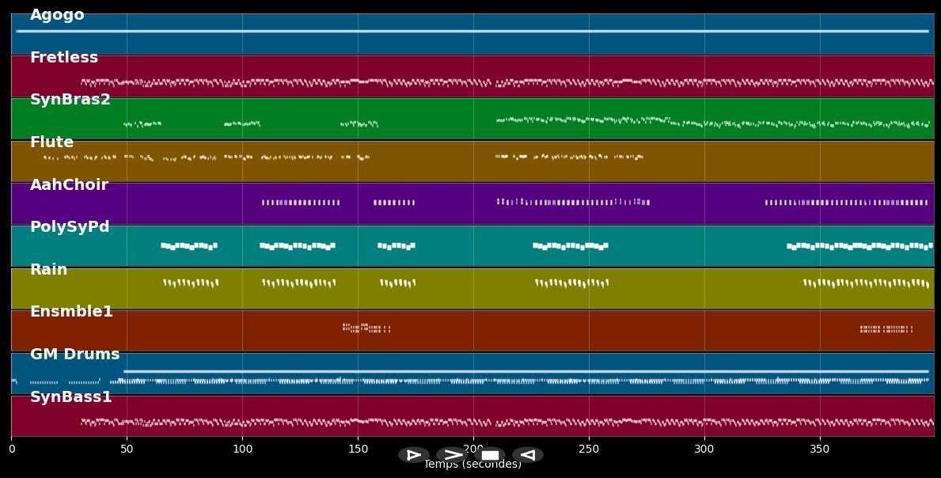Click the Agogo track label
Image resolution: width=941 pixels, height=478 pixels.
tap(57, 15)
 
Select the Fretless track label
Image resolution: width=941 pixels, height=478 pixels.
tap(64, 58)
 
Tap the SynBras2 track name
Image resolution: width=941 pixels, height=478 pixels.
tap(70, 100)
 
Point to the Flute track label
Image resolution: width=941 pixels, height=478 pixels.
tap(51, 142)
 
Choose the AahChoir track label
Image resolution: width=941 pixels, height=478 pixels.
tap(69, 185)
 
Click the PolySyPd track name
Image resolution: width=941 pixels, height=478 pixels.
tap(70, 227)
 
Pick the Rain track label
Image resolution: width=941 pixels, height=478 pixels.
tap(49, 270)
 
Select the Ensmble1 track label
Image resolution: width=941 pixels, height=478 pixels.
tap(71, 312)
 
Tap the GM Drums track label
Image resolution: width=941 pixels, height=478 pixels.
tap(75, 355)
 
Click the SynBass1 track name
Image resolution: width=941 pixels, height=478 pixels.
tap(71, 397)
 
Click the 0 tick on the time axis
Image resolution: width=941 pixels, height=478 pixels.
tap(12, 450)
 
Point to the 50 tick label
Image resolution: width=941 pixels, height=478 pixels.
tap(127, 450)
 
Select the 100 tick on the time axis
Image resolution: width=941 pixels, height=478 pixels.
tap(242, 450)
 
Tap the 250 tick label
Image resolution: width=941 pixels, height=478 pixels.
tap(589, 450)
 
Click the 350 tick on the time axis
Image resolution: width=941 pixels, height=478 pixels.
tap(820, 450)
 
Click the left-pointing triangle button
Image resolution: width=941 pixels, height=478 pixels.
tap(527, 455)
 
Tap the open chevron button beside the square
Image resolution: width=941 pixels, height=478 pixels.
tap(452, 455)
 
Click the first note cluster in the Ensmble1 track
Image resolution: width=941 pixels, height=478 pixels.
tap(366, 328)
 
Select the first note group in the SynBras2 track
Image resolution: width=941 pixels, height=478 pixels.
tap(142, 123)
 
